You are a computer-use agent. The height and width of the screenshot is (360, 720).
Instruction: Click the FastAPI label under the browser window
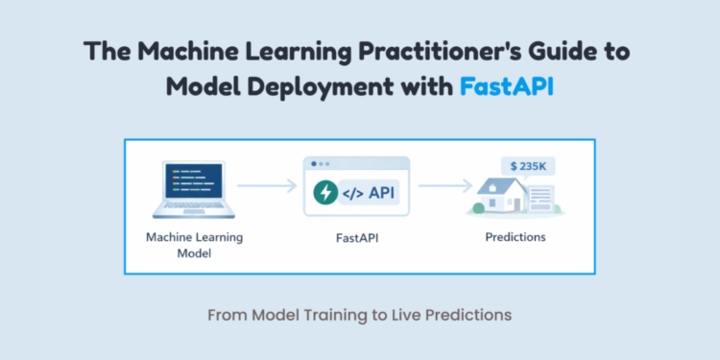pos(356,236)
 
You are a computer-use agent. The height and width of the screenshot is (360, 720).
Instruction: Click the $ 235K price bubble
pos(529,165)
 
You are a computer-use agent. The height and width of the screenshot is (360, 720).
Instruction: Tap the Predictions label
pos(515,236)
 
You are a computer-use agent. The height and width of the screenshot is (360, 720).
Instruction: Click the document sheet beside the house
pos(540,198)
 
